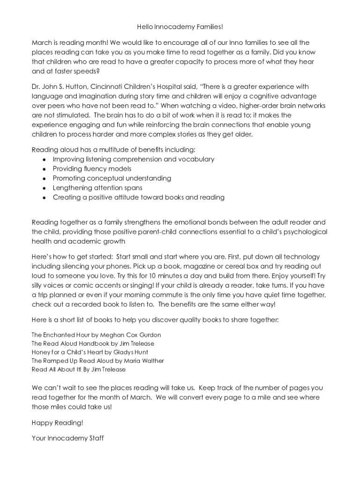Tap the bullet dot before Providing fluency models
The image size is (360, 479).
coord(44,169)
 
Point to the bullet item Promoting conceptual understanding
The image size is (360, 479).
coord(112,178)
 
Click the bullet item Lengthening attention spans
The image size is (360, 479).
coord(97,188)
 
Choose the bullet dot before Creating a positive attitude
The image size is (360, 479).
coord(44,197)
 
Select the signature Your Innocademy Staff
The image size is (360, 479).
coord(67,438)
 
